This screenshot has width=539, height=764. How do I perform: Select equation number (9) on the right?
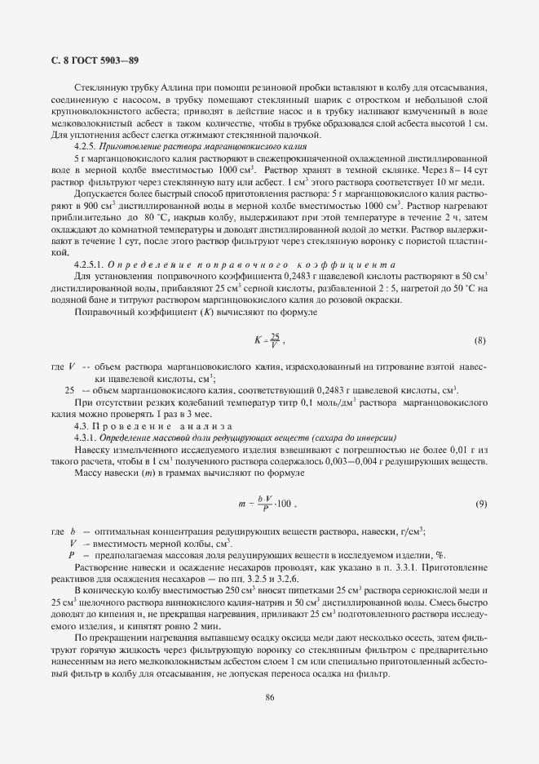pyautogui.click(x=481, y=503)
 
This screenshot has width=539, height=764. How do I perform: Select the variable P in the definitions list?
pyautogui.click(x=73, y=554)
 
